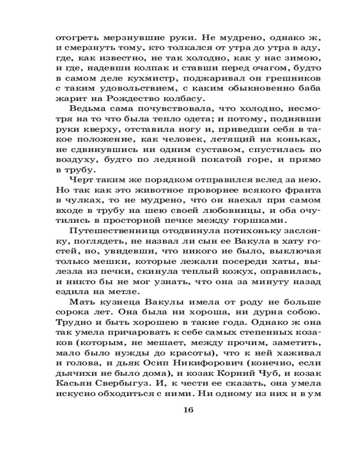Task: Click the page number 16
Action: click(x=188, y=409)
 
